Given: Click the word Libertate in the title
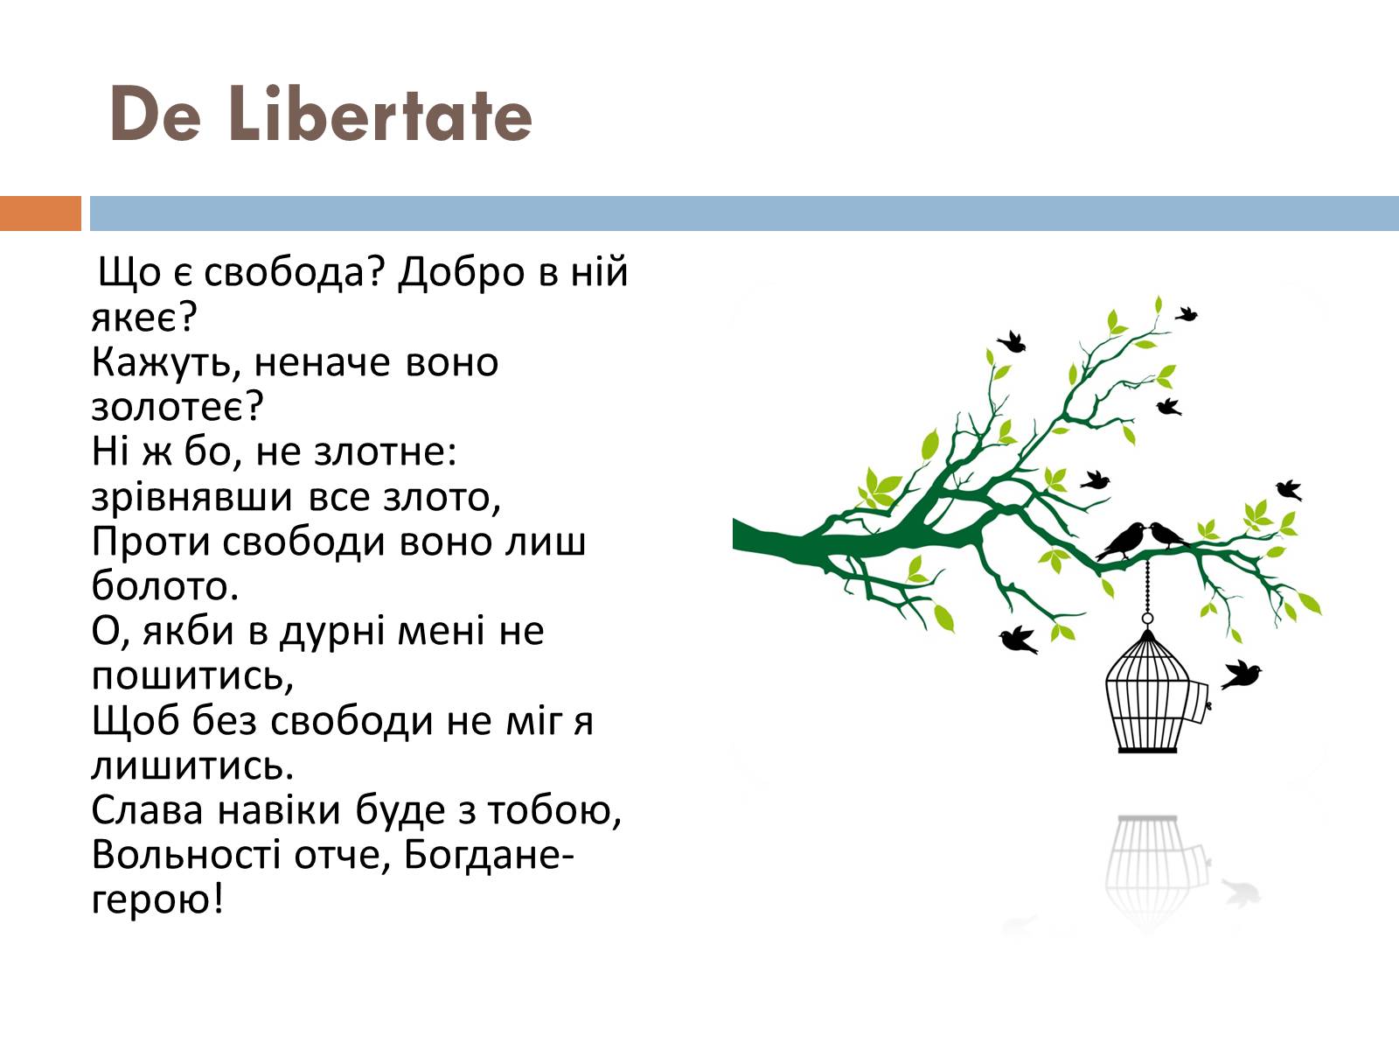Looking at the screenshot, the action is (x=380, y=114).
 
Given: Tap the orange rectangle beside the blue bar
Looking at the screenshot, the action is (x=41, y=213).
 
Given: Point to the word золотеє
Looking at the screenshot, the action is (x=177, y=407).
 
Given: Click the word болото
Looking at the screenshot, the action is (x=164, y=585).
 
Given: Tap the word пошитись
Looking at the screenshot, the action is (x=191, y=676).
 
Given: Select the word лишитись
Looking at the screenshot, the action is (x=191, y=766).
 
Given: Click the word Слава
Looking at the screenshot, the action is (x=147, y=810).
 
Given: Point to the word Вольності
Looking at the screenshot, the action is (x=186, y=854).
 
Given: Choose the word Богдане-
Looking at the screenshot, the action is (x=489, y=855).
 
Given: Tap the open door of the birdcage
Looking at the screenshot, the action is (x=1199, y=702).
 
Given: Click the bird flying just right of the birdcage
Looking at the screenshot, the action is (x=1241, y=675).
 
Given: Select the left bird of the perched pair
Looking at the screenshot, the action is (x=1122, y=542).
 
